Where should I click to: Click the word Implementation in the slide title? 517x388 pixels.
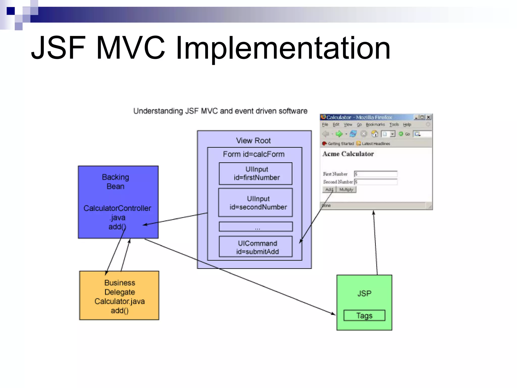283,48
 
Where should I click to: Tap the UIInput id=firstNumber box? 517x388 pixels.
255,174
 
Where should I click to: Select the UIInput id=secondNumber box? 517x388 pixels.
255,202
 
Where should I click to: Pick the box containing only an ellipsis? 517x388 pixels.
255,227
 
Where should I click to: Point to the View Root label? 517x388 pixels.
253,141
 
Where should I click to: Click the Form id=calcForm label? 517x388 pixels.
254,154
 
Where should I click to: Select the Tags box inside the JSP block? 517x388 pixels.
364,315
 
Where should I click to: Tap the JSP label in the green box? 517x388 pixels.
364,293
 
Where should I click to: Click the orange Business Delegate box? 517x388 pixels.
119,295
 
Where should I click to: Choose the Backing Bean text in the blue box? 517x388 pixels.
115,182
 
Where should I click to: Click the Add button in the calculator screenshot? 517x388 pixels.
329,189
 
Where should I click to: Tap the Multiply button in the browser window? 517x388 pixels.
346,189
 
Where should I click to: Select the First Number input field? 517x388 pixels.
376,174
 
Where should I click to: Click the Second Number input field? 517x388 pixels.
376,182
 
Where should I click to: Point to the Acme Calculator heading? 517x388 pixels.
348,154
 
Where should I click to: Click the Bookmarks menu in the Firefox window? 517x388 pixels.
375,124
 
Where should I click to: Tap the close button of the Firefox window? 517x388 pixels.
428,117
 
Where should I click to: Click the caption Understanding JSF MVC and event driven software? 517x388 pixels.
220,111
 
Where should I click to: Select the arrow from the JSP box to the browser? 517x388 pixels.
375,243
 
